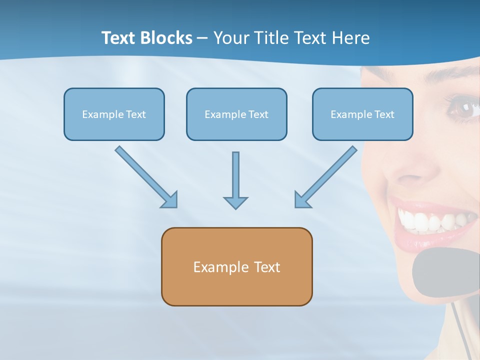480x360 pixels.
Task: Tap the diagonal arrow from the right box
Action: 325,177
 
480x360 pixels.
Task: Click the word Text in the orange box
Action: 267,267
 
